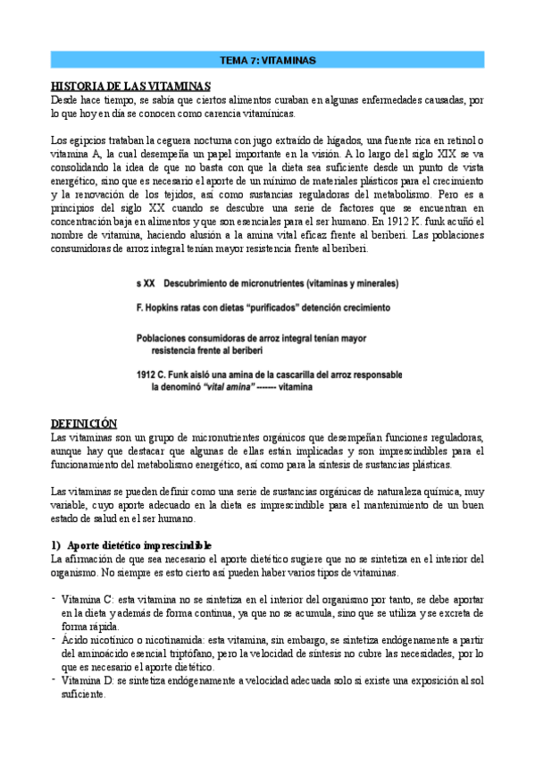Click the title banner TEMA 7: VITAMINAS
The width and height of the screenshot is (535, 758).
click(x=267, y=60)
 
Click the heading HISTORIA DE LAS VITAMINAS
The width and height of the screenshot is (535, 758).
click(x=130, y=86)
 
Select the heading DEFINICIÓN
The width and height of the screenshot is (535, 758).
click(x=84, y=422)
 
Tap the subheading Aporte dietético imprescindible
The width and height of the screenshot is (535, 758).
click(x=139, y=545)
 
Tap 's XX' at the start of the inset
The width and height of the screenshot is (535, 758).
click(x=146, y=283)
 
